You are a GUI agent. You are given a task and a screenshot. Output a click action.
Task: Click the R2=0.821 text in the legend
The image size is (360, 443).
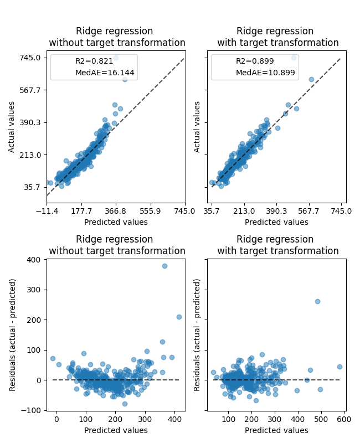tap(94, 61)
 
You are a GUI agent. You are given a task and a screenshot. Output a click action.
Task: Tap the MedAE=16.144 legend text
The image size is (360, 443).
tap(105, 73)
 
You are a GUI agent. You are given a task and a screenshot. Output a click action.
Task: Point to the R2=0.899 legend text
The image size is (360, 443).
tap(254, 61)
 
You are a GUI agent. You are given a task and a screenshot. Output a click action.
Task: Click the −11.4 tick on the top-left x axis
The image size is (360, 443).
tap(47, 211)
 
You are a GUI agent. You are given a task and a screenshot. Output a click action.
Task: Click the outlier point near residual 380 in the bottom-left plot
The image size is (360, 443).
tap(164, 266)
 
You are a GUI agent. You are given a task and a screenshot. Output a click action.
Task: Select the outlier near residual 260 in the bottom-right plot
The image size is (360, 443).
tap(317, 301)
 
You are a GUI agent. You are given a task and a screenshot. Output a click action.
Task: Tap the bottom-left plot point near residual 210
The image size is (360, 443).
tap(179, 317)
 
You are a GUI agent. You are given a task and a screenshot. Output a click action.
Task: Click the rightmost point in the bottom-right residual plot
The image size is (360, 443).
tap(340, 367)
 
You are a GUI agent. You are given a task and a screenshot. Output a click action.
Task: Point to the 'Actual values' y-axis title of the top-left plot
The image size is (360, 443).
tap(12, 127)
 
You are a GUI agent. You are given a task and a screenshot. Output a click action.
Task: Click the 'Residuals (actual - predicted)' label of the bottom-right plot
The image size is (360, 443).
tap(197, 334)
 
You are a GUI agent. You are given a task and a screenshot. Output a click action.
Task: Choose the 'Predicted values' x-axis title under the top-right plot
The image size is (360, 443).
tap(276, 222)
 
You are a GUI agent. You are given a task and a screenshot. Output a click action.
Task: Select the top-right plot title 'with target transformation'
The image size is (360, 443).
tap(277, 43)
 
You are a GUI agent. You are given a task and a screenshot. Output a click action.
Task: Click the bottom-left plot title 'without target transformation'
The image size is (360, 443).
tap(117, 251)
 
